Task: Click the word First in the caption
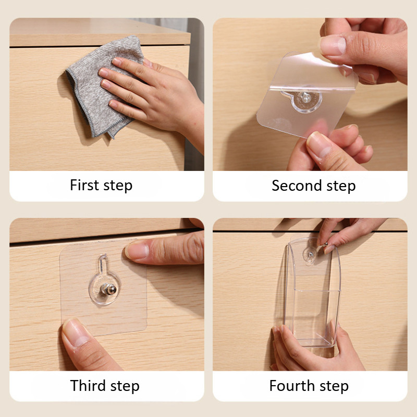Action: [84, 185]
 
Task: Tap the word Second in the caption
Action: [297, 186]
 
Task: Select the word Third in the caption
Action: [88, 385]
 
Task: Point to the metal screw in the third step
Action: [109, 289]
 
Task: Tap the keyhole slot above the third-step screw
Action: [103, 263]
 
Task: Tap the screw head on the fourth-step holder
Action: [310, 254]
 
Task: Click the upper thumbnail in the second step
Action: [333, 45]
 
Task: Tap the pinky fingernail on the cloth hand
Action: [113, 104]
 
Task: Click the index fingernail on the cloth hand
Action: [117, 62]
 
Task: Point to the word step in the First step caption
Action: [118, 186]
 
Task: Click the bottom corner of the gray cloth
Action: [114, 138]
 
